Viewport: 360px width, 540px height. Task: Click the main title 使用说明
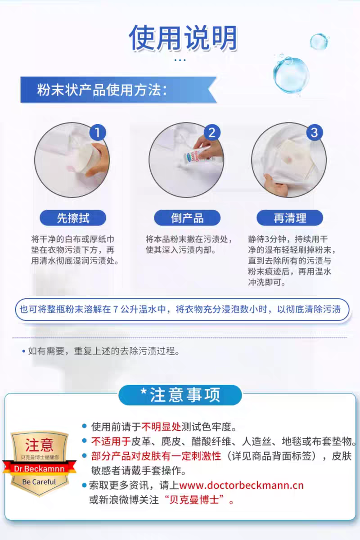(x=183, y=38)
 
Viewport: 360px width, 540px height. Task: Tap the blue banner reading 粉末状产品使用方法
(x=118, y=90)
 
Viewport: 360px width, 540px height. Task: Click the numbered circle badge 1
(x=97, y=132)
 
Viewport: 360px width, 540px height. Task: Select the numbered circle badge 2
(x=212, y=132)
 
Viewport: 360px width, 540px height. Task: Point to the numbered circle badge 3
(x=315, y=132)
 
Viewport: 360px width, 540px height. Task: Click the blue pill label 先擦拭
(x=73, y=218)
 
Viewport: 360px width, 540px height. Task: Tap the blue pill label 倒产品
(x=187, y=218)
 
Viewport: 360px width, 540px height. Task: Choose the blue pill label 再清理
(x=290, y=218)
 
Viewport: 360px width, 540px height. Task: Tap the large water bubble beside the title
(x=291, y=75)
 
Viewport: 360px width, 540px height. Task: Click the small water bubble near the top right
(x=319, y=41)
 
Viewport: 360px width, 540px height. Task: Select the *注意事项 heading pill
(x=180, y=395)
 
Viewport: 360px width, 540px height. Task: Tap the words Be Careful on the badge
(x=39, y=482)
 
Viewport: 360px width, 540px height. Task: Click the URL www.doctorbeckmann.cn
(x=241, y=485)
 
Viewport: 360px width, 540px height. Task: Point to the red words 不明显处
(x=161, y=427)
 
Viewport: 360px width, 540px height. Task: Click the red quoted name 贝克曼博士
(x=194, y=500)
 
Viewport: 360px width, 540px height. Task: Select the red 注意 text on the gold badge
(x=39, y=445)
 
